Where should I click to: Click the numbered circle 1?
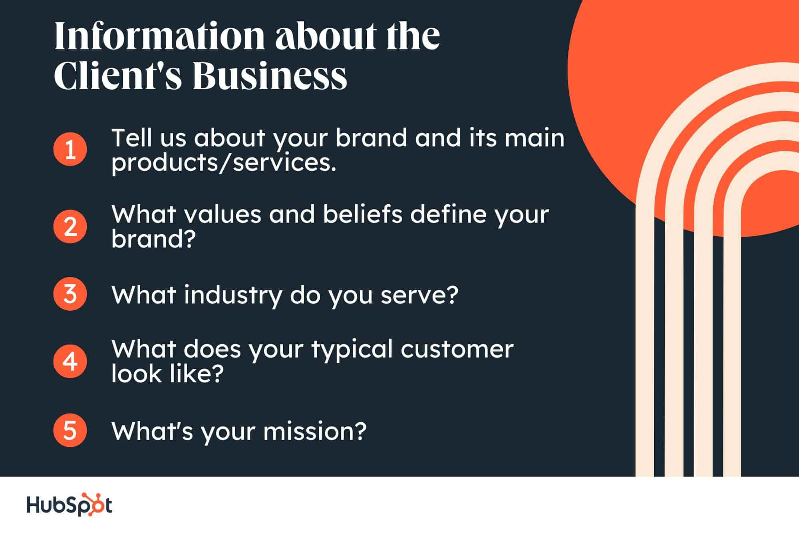coord(70,149)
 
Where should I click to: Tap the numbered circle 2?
coord(70,226)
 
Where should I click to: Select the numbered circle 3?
coord(70,294)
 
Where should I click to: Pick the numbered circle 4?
coord(70,361)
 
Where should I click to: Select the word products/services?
coord(224,163)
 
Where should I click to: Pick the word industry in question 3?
coord(233,295)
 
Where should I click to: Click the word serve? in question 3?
coord(419,295)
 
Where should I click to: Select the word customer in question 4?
coord(457,349)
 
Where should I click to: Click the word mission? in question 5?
coord(314,431)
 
